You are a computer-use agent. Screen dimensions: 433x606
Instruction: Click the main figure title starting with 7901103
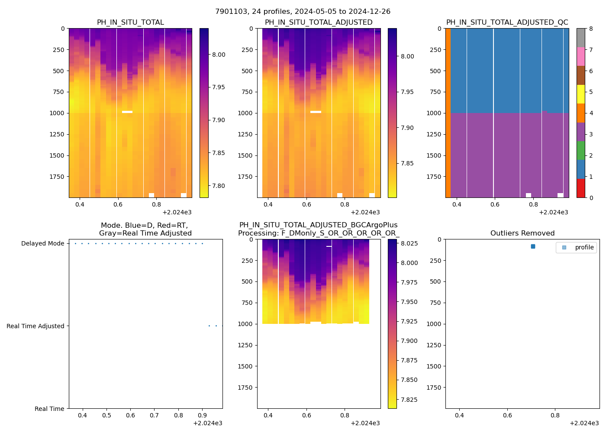click(303, 12)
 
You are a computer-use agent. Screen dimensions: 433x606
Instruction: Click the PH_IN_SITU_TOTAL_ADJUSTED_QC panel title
click(507, 23)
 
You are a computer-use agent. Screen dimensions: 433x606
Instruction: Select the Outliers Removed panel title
click(522, 233)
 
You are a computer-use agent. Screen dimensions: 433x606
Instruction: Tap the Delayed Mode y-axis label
click(42, 244)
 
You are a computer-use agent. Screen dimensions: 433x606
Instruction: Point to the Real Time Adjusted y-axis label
click(35, 326)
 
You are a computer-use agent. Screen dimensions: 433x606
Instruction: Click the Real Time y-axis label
click(49, 409)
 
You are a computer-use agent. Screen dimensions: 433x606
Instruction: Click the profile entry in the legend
click(584, 248)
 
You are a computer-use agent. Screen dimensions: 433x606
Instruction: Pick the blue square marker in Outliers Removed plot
click(533, 246)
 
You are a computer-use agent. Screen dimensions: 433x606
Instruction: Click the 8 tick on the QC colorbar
click(591, 29)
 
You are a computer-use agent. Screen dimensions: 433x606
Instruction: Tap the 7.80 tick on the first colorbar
click(218, 186)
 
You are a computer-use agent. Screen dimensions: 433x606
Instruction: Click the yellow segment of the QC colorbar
click(580, 94)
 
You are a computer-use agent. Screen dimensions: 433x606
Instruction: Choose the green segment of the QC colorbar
click(580, 150)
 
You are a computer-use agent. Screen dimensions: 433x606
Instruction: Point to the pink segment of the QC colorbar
click(580, 56)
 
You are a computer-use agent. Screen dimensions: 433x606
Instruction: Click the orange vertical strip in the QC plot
click(448, 113)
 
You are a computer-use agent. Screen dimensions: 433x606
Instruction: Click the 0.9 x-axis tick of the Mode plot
click(202, 416)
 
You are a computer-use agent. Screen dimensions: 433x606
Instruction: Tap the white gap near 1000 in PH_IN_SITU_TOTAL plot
click(127, 112)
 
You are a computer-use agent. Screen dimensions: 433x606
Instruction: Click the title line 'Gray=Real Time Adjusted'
click(145, 233)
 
